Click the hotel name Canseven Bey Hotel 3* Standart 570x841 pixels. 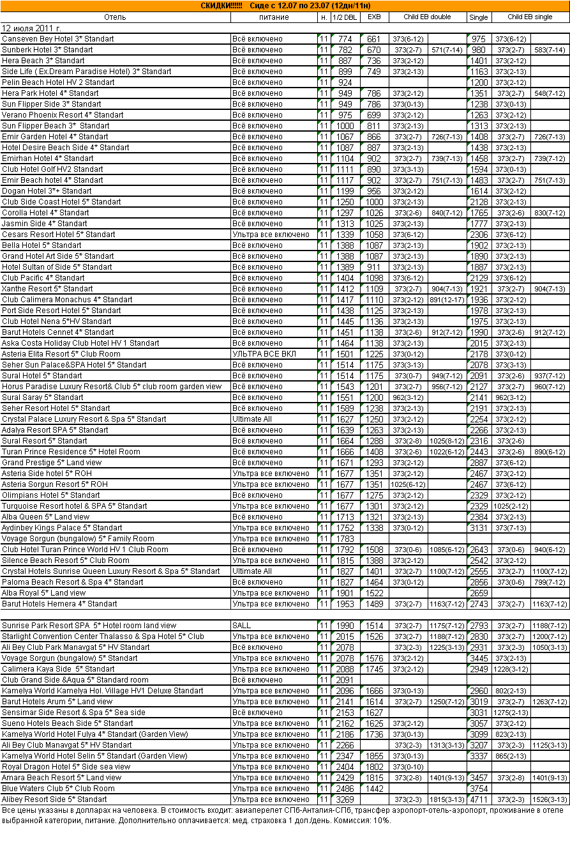(58, 39)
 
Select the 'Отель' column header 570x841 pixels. (114, 17)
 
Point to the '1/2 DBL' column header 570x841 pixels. (345, 17)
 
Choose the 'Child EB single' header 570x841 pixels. (530, 17)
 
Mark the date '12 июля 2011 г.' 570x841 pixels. (32, 28)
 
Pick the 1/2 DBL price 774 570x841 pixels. (345, 39)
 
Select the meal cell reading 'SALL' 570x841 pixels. (242, 626)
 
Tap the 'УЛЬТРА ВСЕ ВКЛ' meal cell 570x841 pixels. (264, 354)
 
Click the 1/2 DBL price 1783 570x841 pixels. (345, 539)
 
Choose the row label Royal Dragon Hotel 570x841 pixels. (66, 767)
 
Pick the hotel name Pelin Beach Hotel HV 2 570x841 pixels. (59, 82)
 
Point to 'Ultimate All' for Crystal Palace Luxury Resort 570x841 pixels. (252, 419)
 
